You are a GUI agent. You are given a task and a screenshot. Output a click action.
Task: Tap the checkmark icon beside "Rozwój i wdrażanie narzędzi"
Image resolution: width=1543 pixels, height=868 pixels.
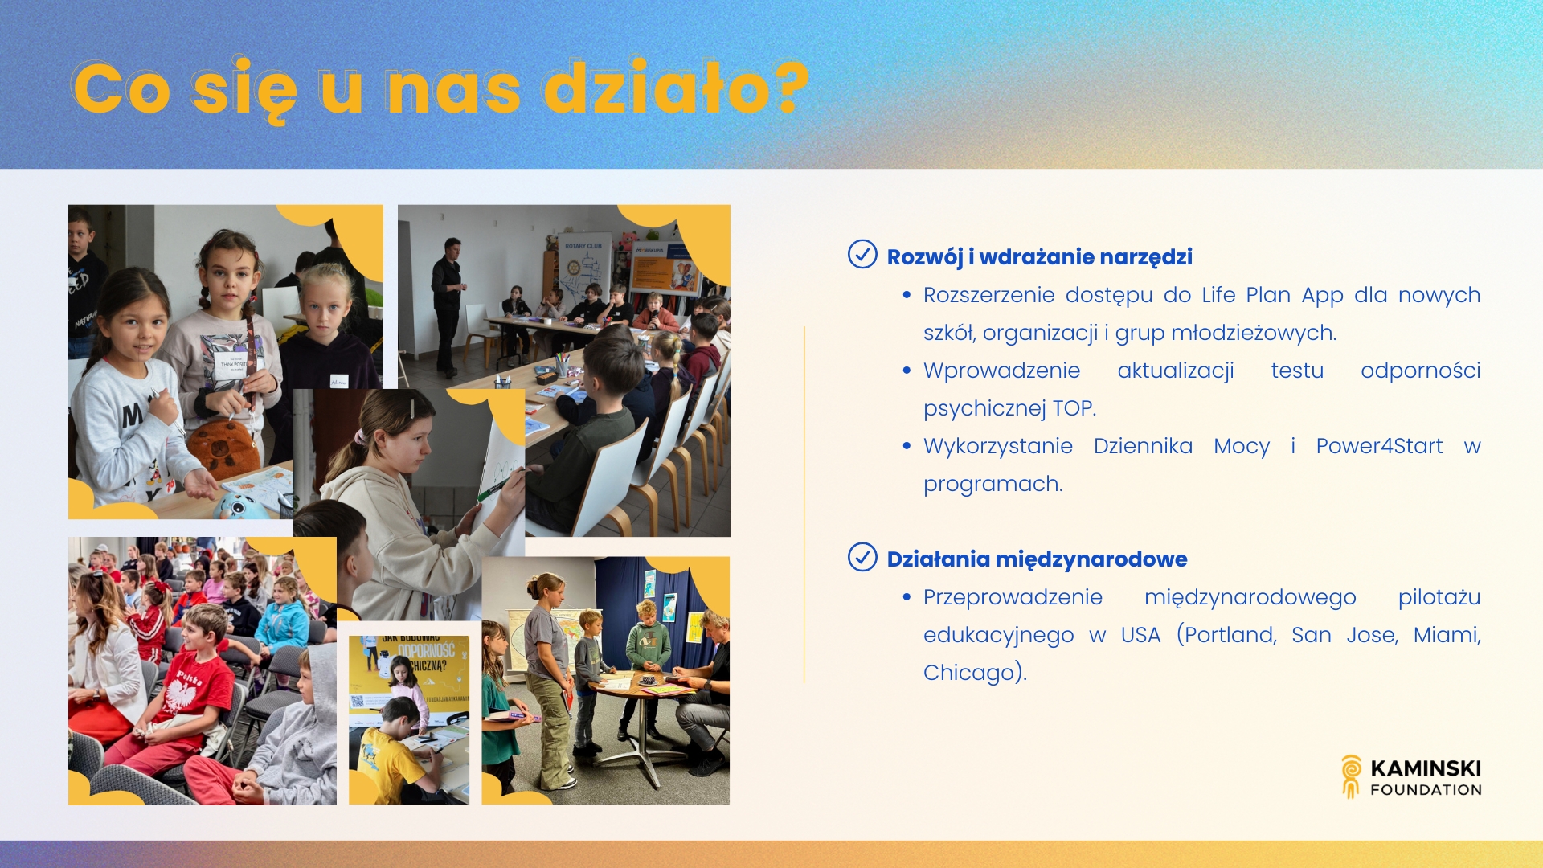pyautogui.click(x=862, y=254)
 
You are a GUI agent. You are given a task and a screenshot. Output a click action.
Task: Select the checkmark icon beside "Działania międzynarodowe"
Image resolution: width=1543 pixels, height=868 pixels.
pyautogui.click(x=862, y=556)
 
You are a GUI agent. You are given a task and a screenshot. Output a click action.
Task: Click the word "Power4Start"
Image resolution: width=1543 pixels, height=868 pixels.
pyautogui.click(x=1379, y=445)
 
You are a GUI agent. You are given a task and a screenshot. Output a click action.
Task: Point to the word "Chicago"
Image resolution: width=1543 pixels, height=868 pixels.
pyautogui.click(x=968, y=673)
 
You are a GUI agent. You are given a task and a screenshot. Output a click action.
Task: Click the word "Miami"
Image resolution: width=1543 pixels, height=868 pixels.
pyautogui.click(x=1446, y=635)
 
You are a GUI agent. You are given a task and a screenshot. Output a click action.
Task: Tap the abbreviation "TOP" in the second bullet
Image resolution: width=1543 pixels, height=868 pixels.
pyautogui.click(x=1072, y=408)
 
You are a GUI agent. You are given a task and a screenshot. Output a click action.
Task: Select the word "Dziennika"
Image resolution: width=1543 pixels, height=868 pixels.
pyautogui.click(x=1143, y=445)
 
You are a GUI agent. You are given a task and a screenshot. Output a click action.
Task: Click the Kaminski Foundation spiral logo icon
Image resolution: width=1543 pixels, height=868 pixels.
pyautogui.click(x=1352, y=776)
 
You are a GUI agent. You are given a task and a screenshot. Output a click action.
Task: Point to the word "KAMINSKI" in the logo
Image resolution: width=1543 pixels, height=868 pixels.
pyautogui.click(x=1426, y=768)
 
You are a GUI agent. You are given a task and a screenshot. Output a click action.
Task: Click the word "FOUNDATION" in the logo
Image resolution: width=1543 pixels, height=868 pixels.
pyautogui.click(x=1426, y=790)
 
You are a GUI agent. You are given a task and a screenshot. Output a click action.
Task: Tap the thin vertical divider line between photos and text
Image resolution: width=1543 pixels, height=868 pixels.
pyautogui.click(x=804, y=505)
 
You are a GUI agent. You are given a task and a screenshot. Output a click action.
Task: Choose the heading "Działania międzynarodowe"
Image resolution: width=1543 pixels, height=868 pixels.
pyautogui.click(x=1037, y=559)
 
